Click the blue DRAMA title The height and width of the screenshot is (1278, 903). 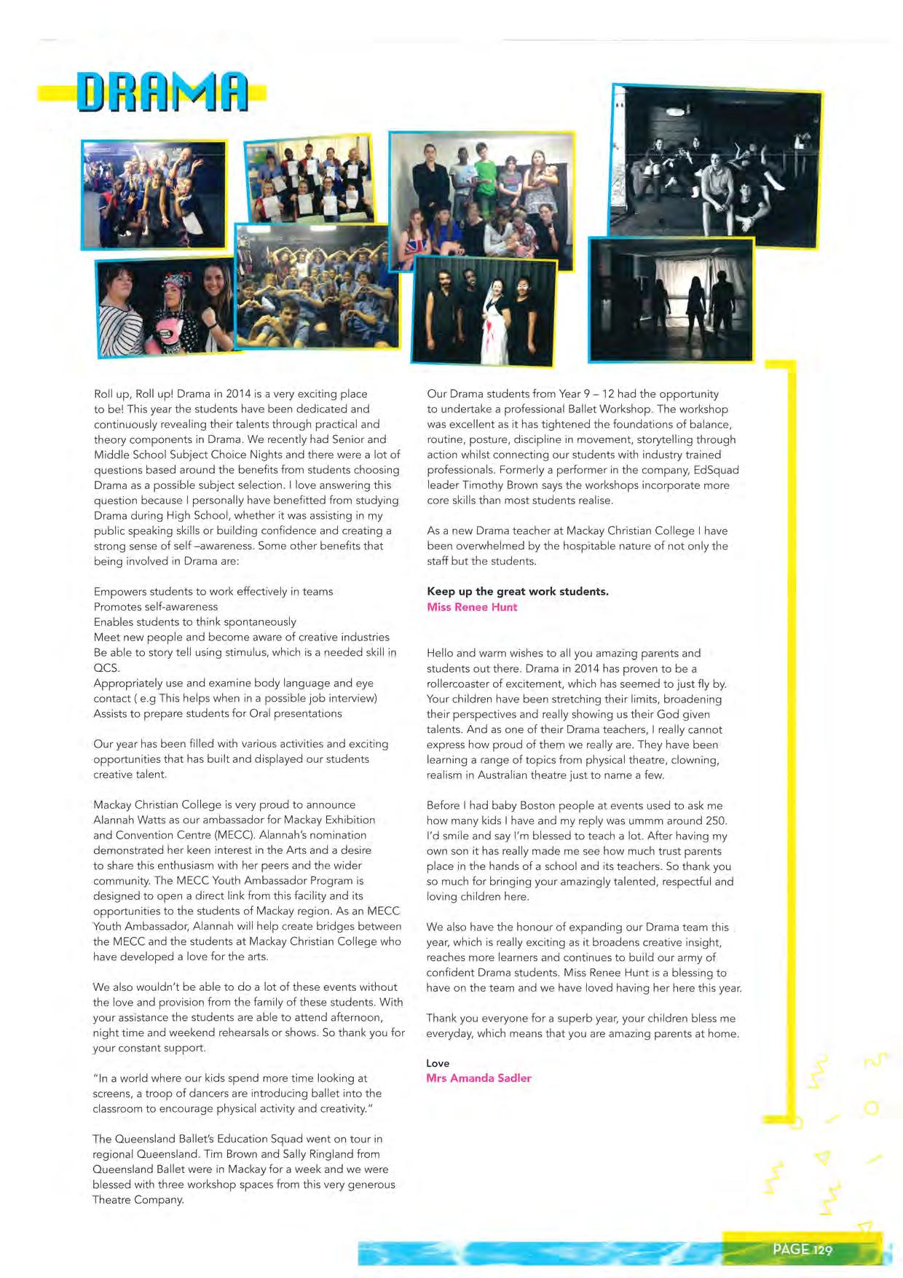click(162, 93)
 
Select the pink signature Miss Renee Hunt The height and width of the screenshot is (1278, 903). click(472, 607)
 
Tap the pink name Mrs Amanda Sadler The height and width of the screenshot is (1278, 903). click(478, 1078)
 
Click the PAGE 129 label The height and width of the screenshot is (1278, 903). click(802, 1249)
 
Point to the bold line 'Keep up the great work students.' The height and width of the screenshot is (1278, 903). click(517, 591)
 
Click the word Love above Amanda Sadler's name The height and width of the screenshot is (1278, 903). click(438, 1063)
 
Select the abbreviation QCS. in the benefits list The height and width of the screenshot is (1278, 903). click(106, 667)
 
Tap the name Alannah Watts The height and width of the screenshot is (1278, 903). click(124, 820)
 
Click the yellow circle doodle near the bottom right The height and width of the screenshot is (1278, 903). click(872, 1108)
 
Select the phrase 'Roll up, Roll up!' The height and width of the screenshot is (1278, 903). click(133, 393)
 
